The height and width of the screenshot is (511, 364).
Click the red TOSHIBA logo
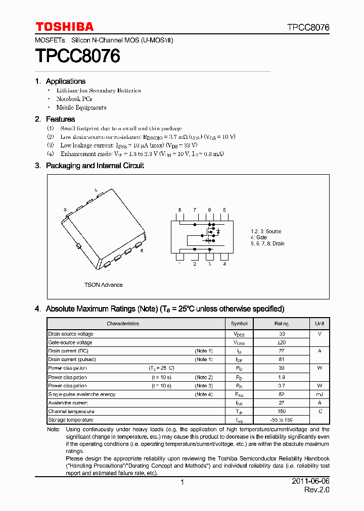(x=64, y=27)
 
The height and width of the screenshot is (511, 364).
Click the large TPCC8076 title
(x=77, y=56)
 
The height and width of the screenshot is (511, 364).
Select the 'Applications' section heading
(x=65, y=81)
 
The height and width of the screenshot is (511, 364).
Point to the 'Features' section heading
(x=60, y=119)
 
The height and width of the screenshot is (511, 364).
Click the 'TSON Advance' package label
(x=103, y=285)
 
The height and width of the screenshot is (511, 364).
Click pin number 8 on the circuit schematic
(x=179, y=210)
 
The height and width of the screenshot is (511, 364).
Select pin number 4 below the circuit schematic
(x=224, y=264)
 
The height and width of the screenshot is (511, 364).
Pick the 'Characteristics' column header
(x=123, y=324)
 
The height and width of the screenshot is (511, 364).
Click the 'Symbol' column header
(x=239, y=324)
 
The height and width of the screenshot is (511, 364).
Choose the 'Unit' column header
(x=320, y=324)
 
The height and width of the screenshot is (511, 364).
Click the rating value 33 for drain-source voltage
(x=282, y=334)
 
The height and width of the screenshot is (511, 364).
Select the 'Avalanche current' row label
(x=68, y=403)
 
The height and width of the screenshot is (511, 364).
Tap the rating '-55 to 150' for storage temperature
(x=282, y=420)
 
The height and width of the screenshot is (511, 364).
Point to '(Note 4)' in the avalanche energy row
(x=204, y=394)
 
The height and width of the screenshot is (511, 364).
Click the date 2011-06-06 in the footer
(x=310, y=482)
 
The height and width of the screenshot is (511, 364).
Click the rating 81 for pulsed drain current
(x=282, y=360)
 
